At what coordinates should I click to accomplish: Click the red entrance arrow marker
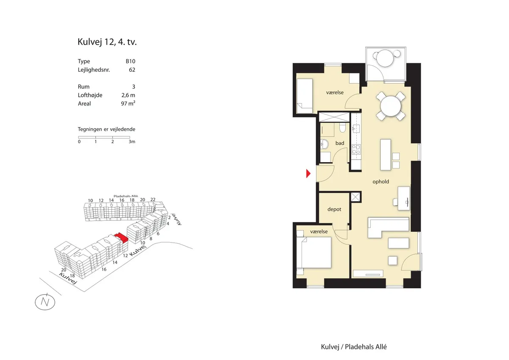click(308, 174)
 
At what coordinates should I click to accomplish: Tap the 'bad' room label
click(340, 143)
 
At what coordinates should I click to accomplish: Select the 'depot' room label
click(334, 209)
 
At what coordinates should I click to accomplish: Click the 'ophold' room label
click(380, 181)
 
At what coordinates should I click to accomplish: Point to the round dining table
click(391, 106)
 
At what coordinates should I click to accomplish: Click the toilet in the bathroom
click(342, 128)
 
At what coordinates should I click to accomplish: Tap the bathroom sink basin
click(324, 144)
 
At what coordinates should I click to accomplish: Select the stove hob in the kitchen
click(356, 149)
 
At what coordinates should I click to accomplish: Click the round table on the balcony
click(385, 58)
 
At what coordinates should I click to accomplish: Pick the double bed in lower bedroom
click(314, 253)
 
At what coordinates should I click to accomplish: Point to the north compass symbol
click(45, 302)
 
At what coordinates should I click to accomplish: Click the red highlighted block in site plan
click(122, 238)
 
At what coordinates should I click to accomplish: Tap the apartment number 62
click(132, 70)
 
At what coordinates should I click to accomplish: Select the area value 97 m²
click(128, 104)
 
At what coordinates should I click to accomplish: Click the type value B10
click(131, 61)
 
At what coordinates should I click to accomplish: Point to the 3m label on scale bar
click(132, 141)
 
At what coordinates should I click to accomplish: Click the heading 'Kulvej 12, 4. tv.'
click(107, 42)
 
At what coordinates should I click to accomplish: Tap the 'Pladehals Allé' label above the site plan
click(126, 196)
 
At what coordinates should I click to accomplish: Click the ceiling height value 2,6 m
click(128, 95)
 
